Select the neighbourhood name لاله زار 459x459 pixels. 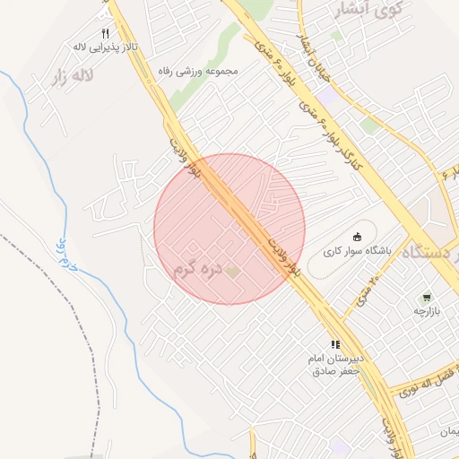pyautogui.click(x=71, y=75)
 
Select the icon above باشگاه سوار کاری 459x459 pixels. pyautogui.click(x=356, y=237)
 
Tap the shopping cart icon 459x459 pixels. pyautogui.click(x=427, y=296)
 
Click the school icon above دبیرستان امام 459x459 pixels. pyautogui.click(x=334, y=344)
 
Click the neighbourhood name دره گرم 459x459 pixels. pyautogui.click(x=196, y=269)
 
